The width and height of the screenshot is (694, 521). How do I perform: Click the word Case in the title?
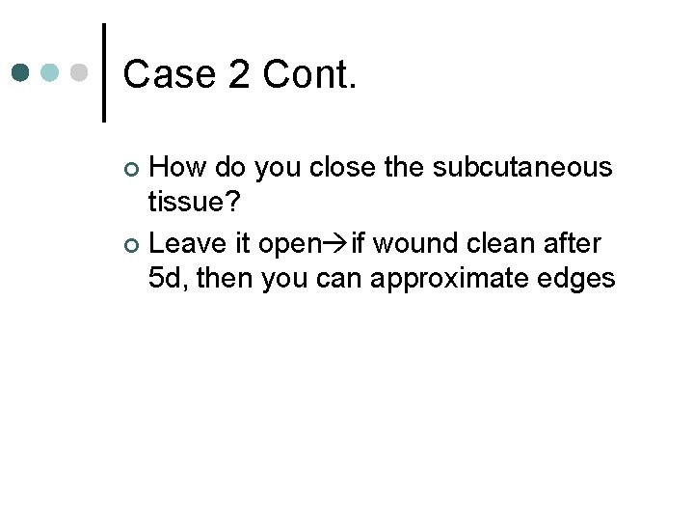pos(169,74)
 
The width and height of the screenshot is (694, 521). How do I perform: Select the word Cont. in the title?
pos(309,74)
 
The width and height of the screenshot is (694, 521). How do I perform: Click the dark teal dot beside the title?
pos(22,72)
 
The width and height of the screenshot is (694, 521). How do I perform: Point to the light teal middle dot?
pos(51,72)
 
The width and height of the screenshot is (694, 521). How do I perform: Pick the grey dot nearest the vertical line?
pos(80,72)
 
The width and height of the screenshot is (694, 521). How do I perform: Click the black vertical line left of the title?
pos(104,72)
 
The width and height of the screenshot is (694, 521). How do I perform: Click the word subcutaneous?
pos(521,168)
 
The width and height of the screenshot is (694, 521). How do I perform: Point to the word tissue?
pos(192,203)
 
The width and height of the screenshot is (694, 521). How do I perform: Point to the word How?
pos(180,168)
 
